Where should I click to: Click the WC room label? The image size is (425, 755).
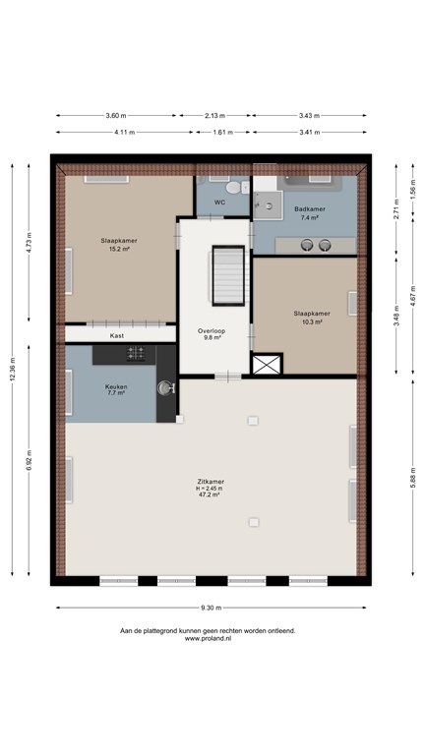pos(219,203)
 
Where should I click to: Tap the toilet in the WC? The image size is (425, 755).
pos(235,188)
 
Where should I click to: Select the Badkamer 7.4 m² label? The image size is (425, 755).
pos(309,213)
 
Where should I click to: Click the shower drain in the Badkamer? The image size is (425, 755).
pos(269,206)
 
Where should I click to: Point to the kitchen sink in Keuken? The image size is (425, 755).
pos(165,387)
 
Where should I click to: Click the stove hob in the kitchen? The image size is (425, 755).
pos(136,354)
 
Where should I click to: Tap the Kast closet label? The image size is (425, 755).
pos(117,335)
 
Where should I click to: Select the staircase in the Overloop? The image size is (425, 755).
pos(228,275)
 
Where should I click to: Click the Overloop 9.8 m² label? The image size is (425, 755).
pos(212,334)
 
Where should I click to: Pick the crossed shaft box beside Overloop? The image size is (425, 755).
pos(267,364)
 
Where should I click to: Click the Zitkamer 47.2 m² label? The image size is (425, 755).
pos(211,488)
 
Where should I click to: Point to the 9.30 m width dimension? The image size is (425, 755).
pos(212,608)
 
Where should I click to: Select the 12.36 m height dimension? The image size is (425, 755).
pos(13,370)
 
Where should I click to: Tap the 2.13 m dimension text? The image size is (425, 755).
pos(214,116)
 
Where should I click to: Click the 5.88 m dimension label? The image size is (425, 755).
pos(413,477)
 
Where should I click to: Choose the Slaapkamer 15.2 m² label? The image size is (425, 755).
pos(119,245)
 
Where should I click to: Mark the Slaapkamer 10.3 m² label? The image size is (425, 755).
pos(312,318)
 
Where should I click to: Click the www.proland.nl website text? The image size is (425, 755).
pos(209,638)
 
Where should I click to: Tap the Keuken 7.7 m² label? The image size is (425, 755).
pos(116,389)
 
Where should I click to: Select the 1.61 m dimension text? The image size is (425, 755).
pos(223,132)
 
